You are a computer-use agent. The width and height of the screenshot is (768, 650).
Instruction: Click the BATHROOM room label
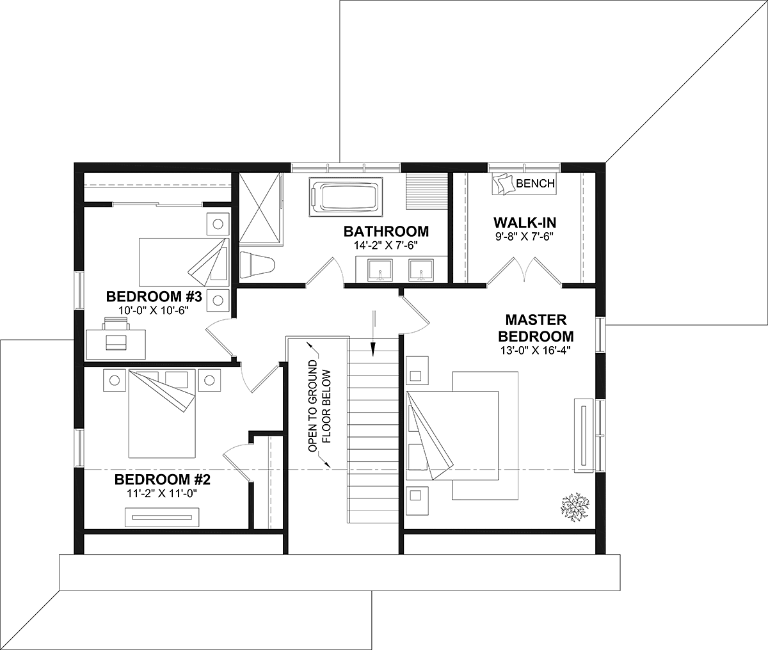tap(386, 232)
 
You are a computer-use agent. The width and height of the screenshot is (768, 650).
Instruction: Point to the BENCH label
tap(536, 184)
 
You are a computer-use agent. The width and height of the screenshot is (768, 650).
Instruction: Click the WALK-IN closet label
tap(525, 223)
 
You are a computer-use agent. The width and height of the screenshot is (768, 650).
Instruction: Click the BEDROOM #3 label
tap(154, 297)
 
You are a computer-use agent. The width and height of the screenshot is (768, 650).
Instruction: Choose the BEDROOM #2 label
tap(163, 480)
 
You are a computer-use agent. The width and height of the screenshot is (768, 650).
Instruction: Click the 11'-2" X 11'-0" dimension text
tap(161, 493)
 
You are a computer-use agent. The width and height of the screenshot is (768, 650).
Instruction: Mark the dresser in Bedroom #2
tap(162, 517)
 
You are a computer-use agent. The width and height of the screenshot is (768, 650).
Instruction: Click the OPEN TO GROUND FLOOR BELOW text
tap(319, 406)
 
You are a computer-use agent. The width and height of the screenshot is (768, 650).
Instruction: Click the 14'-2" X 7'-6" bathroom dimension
tap(386, 245)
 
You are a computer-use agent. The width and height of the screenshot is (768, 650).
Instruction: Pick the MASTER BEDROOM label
tap(536, 328)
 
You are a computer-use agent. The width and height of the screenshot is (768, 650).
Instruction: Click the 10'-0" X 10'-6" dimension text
tap(152, 310)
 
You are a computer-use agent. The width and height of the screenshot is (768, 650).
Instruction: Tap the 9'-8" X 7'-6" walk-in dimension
tap(525, 236)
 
